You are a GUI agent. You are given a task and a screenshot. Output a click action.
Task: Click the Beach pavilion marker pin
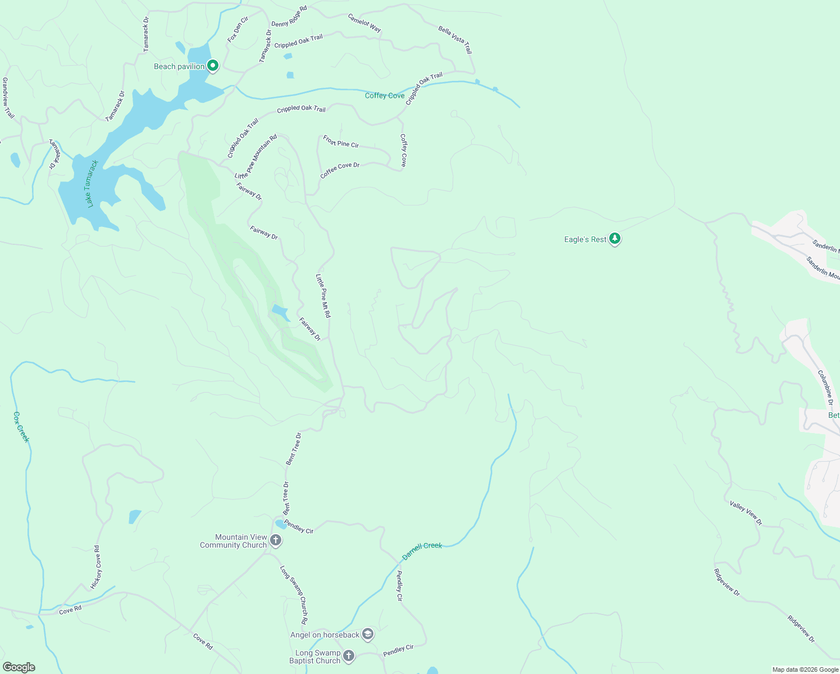pos(213,66)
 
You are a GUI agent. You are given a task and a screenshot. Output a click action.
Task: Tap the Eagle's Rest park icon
pos(615,239)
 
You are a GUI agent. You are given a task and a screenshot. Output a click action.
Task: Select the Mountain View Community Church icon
pos(275,540)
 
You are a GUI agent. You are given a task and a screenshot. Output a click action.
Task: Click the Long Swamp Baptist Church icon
pos(349,655)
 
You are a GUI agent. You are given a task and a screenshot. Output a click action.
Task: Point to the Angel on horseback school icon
pos(367,634)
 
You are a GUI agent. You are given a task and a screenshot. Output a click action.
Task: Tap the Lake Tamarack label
pos(93,184)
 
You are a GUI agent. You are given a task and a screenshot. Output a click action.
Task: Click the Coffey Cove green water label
pos(385,95)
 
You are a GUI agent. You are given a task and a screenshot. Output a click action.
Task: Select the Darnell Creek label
pos(422,551)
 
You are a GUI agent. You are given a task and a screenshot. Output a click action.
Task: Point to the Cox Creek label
pos(21,427)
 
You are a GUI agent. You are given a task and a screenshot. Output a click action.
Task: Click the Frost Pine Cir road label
pos(341,142)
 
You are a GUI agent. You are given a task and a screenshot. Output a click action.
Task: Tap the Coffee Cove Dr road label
pos(340,170)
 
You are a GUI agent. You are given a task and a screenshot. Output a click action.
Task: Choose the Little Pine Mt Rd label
pos(323,296)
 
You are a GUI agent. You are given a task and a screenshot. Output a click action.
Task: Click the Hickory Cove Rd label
pos(95,567)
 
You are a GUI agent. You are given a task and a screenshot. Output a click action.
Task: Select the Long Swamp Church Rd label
pos(294,595)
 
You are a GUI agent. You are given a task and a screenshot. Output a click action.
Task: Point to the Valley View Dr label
pos(746,513)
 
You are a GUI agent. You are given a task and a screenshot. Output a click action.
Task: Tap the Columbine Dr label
pos(825,388)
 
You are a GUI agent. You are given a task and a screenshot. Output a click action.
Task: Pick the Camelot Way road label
pos(364,23)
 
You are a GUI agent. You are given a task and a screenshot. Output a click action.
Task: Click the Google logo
pos(19,667)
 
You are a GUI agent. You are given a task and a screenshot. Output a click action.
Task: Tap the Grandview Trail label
pos(7,98)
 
